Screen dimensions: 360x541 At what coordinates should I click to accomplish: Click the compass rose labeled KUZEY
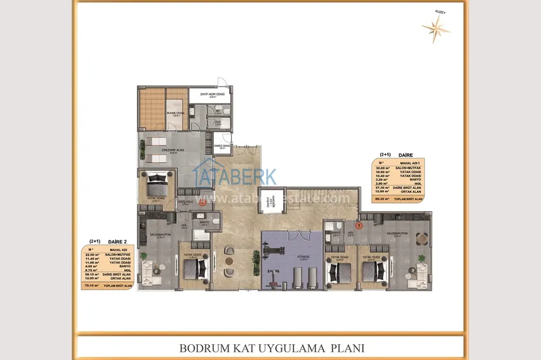[436, 26]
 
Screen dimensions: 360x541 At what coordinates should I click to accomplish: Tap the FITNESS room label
[304, 258]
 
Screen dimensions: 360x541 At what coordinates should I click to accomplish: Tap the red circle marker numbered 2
[203, 204]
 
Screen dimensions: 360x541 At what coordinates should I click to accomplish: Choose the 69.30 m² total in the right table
[383, 199]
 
